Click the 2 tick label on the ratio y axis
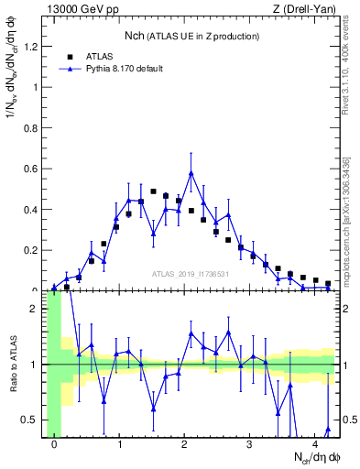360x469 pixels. coord(37,309)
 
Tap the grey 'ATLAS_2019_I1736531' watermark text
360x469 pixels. coord(191,274)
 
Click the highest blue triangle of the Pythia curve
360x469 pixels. coord(191,173)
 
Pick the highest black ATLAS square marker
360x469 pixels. coord(153,191)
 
